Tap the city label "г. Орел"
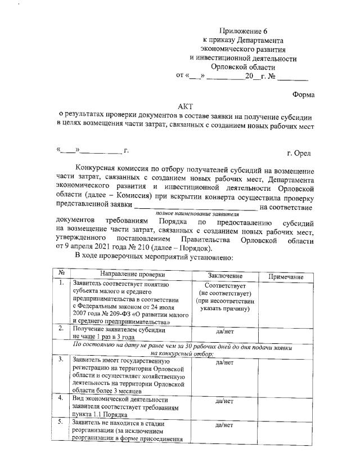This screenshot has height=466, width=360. point(299,153)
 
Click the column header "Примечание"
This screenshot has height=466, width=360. point(286,277)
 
